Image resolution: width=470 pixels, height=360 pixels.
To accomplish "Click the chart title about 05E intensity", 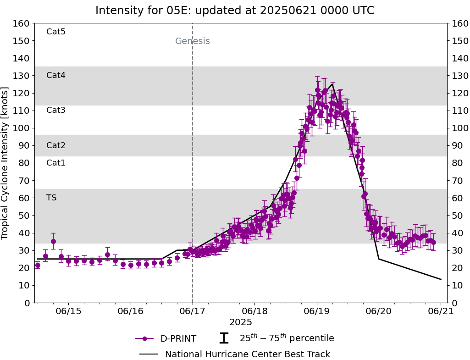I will (235, 11).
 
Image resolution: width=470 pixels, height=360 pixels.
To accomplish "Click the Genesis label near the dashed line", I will (193, 41).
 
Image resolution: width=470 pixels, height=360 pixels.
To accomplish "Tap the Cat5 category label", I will (56, 32).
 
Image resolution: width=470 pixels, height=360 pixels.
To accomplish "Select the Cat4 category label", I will (56, 75).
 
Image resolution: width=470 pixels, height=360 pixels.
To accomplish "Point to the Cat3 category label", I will (56, 110).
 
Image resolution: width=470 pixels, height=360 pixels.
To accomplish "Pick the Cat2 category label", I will (56, 145).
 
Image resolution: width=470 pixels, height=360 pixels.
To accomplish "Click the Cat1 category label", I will (56, 163).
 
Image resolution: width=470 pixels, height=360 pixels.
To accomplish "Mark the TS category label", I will (51, 198).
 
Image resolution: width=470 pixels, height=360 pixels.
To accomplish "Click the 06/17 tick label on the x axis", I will (193, 311).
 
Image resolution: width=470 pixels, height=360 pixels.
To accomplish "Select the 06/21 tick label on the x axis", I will (441, 311).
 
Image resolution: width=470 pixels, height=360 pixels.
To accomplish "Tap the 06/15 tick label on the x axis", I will (68, 311).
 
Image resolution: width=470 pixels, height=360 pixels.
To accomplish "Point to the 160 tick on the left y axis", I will (22, 23).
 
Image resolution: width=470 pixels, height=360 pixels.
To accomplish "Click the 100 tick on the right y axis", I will (459, 128).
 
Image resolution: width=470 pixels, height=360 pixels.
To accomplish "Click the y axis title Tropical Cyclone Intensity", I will (5, 163).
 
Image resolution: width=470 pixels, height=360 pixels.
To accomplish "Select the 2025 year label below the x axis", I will (241, 322).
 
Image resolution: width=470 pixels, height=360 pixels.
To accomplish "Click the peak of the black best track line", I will (332, 83).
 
